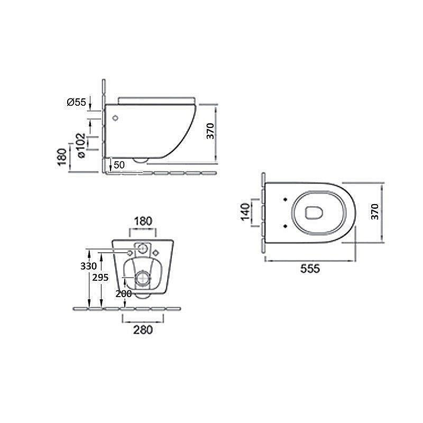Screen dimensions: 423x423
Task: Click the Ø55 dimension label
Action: coord(76,102)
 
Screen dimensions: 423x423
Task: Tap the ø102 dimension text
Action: coord(81,146)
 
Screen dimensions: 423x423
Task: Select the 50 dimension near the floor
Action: coord(119,165)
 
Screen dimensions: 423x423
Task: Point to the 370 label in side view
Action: coord(210,131)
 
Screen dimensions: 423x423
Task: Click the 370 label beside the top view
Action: coord(375,212)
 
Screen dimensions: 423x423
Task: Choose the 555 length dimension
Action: coord(310,269)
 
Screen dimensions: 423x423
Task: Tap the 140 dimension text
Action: coord(245,212)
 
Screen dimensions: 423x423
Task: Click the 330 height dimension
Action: coord(88,266)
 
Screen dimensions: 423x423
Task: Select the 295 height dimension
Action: coord(100,277)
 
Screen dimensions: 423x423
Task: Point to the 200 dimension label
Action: coord(124,294)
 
